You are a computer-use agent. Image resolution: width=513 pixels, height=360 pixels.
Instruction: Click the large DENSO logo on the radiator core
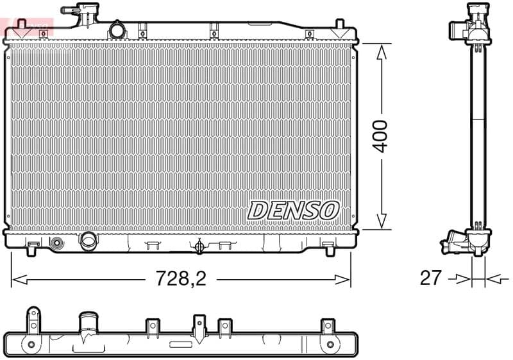click(293, 210)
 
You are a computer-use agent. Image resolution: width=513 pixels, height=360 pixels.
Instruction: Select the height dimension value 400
click(381, 135)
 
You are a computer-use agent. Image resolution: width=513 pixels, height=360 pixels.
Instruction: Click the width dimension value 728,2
click(182, 279)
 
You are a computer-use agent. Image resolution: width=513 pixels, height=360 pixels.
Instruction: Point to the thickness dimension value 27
click(431, 278)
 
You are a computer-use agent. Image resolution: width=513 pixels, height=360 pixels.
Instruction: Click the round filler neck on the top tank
click(117, 30)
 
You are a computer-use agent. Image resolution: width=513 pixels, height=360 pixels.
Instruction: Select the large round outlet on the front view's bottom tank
click(87, 241)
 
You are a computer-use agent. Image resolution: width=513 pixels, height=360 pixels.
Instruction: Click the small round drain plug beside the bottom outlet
click(57, 243)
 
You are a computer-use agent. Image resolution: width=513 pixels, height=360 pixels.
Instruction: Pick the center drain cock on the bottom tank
click(199, 246)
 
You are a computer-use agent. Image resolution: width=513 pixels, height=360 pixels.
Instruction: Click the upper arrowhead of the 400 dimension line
click(382, 51)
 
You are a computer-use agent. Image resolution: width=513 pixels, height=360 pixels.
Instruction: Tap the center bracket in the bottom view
click(199, 325)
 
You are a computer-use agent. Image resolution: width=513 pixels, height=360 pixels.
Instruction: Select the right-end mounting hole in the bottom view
click(330, 345)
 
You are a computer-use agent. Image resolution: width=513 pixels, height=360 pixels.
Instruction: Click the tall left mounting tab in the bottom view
click(33, 321)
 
